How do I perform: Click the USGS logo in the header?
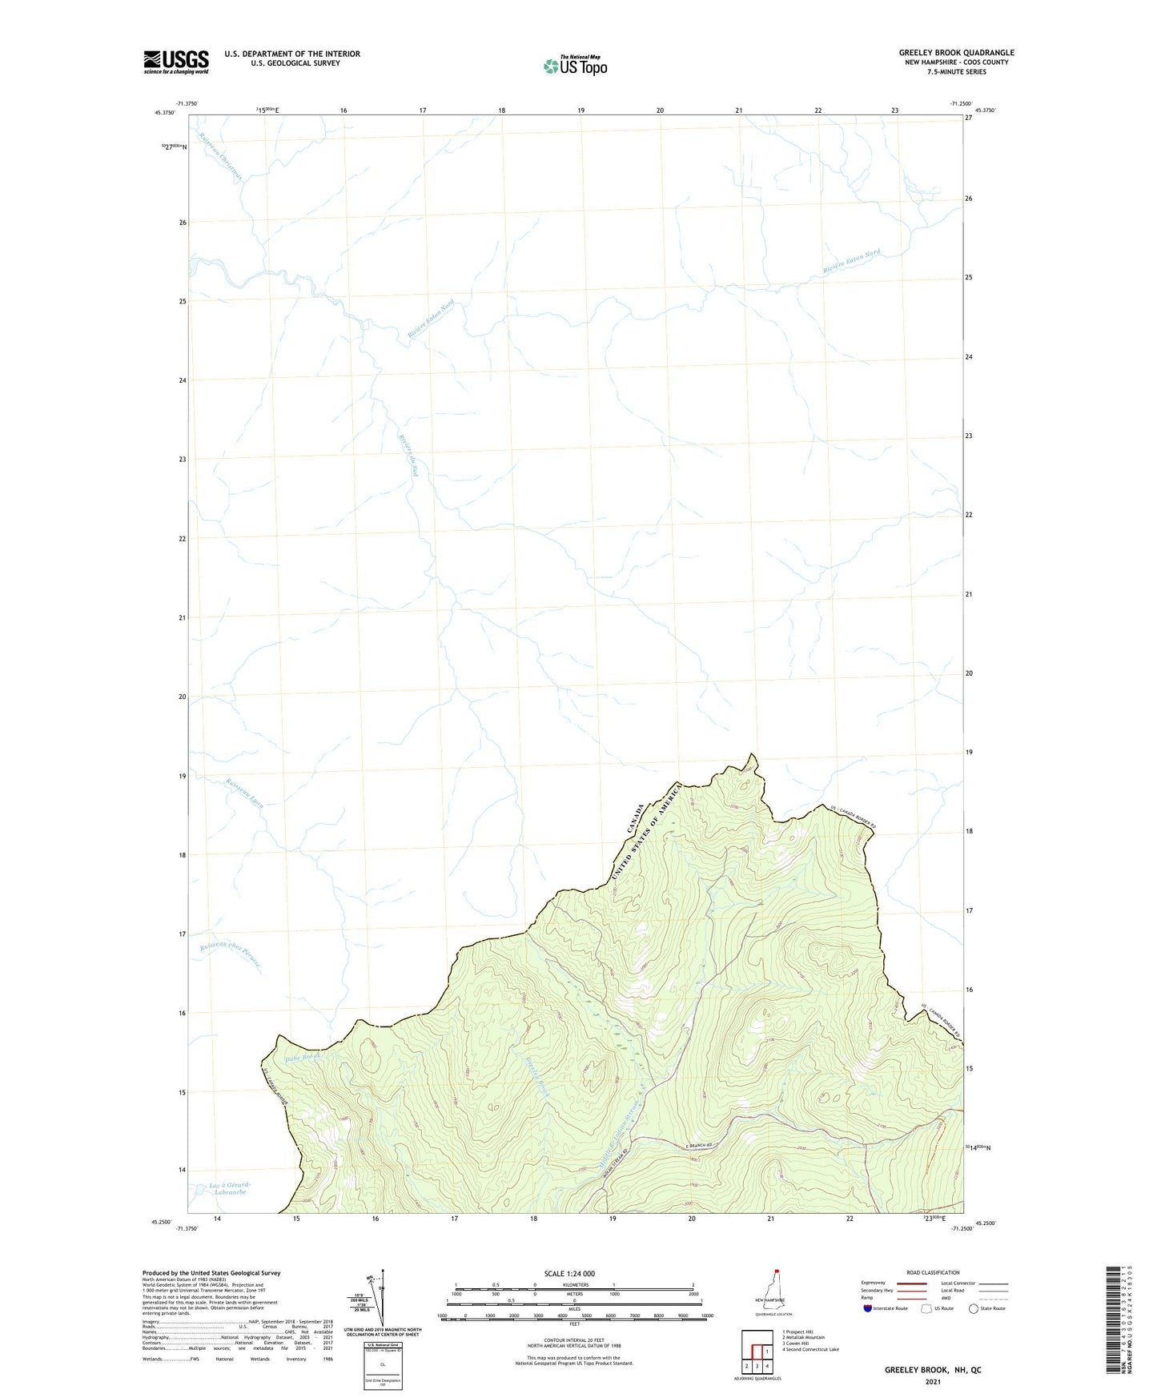176,62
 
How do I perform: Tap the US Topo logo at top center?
575,65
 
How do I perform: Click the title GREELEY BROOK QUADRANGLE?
956,53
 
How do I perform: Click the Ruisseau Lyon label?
244,792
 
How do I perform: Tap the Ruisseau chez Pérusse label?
231,954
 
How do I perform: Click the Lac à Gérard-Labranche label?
230,1188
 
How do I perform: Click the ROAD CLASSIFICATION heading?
933,1272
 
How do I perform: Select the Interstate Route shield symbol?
868,1308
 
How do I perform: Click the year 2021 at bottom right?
932,1381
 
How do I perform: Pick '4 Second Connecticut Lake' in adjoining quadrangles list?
810,1350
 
